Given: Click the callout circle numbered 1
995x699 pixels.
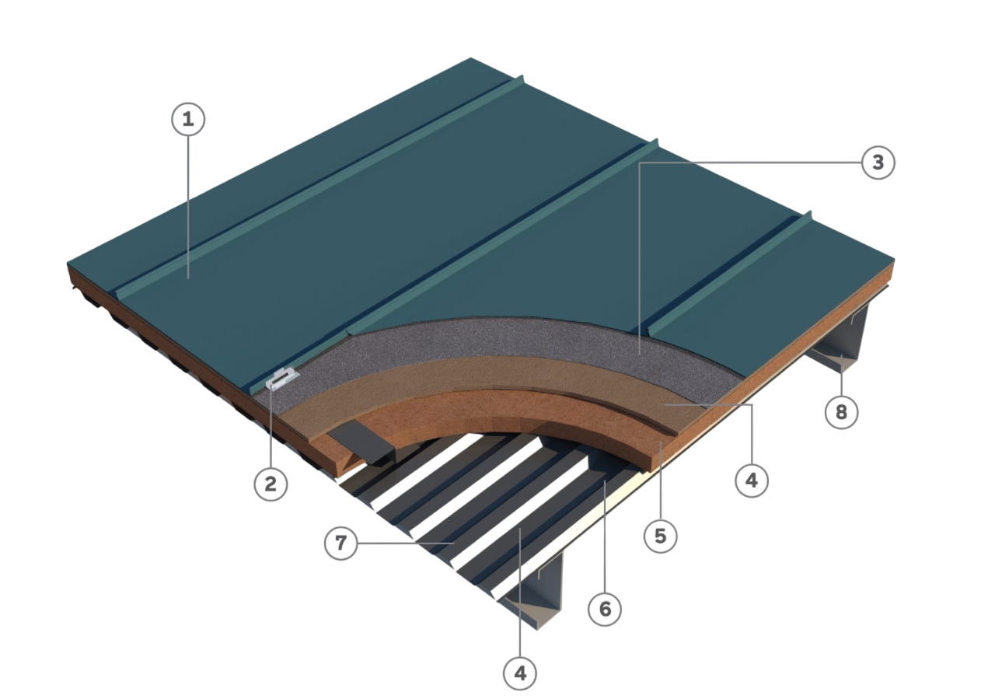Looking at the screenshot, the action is point(188,119).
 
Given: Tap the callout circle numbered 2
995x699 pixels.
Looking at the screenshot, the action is point(271,484).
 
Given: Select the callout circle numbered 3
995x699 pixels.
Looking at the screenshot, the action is point(878,163).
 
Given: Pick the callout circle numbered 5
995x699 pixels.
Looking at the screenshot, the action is point(661,536).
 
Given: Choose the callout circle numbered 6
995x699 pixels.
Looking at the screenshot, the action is point(605,609).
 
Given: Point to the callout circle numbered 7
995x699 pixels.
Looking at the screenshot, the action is point(340,543).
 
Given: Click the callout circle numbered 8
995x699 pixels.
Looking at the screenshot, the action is point(841,412).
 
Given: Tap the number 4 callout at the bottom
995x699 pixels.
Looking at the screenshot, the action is point(520,673).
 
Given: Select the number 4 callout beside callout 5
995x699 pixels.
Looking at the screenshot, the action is point(752,481).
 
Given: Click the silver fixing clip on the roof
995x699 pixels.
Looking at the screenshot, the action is point(282,379).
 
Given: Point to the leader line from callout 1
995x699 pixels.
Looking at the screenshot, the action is point(188,207).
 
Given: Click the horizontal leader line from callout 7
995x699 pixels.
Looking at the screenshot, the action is point(406,543).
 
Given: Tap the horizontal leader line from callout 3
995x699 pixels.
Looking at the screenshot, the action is point(750,163).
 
